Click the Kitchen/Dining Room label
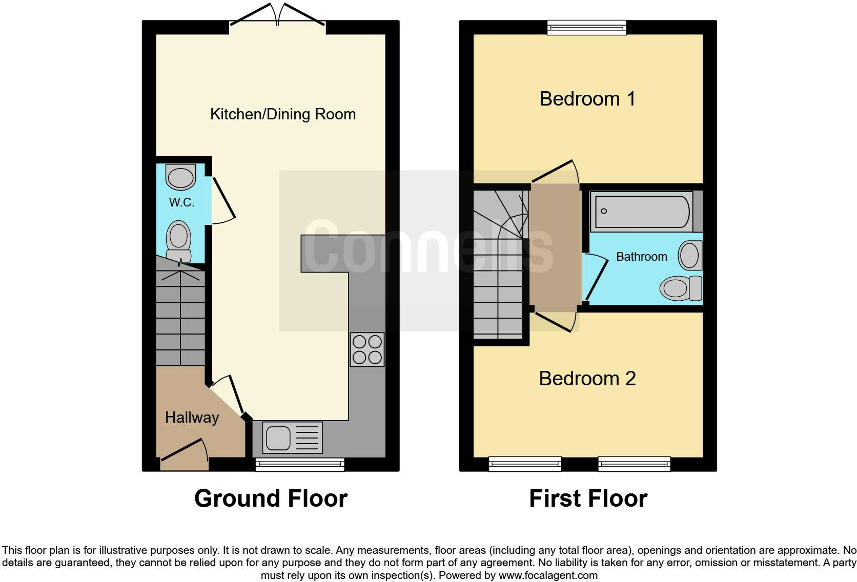pyautogui.click(x=283, y=114)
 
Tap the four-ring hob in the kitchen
pyautogui.click(x=367, y=349)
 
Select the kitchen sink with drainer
pyautogui.click(x=292, y=438)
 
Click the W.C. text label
pyautogui.click(x=181, y=202)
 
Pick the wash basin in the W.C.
pyautogui.click(x=181, y=177)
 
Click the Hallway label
pyautogui.click(x=192, y=418)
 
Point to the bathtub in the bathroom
pyautogui.click(x=641, y=211)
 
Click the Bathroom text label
pyautogui.click(x=641, y=257)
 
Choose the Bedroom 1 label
pyautogui.click(x=587, y=98)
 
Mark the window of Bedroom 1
pyautogui.click(x=587, y=27)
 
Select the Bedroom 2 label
pyautogui.click(x=587, y=379)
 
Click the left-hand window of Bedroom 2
pyautogui.click(x=525, y=464)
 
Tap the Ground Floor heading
pyautogui.click(x=271, y=498)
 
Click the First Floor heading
pyautogui.click(x=588, y=498)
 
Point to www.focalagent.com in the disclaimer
pyautogui.click(x=548, y=575)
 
